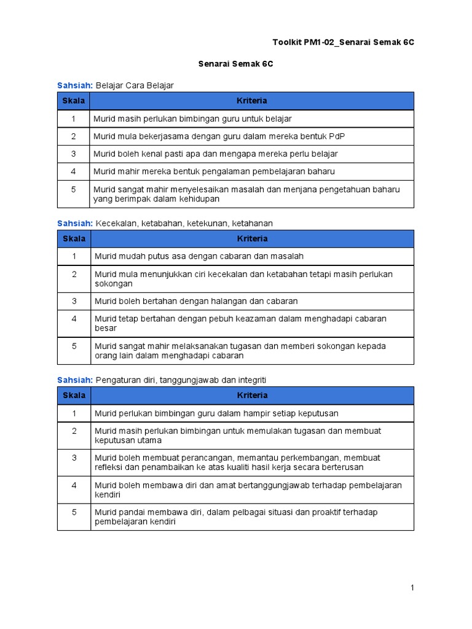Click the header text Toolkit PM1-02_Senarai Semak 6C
pos(344,42)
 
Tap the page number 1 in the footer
pos(412,588)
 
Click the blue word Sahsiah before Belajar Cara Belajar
pos(75,85)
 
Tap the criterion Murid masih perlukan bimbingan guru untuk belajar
pos(192,119)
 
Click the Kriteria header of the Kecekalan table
pos(252,238)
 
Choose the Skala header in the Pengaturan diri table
pos(74,395)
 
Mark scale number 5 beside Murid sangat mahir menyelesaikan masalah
pos(74,190)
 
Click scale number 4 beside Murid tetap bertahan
pos(74,319)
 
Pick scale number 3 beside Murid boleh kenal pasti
pos(74,154)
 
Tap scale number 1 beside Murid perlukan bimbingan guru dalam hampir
pos(74,413)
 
